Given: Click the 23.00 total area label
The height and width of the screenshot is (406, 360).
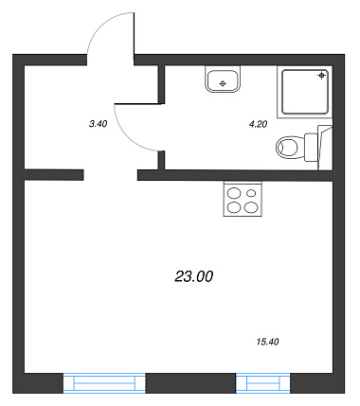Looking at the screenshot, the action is [194, 276].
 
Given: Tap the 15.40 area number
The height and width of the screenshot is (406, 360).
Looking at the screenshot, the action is [268, 342].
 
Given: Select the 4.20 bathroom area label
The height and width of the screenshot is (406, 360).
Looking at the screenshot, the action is [258, 124].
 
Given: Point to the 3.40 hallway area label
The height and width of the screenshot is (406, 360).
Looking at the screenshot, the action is [99, 124].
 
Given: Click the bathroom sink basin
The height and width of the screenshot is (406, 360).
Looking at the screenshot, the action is [223, 79].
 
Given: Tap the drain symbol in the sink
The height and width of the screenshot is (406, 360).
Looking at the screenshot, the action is [223, 83].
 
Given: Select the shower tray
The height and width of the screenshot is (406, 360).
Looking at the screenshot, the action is [305, 92].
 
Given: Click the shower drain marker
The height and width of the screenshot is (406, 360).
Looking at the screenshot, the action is [321, 76].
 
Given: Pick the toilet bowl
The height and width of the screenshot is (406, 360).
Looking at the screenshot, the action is [287, 147].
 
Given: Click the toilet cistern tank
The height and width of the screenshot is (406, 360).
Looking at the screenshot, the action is [311, 147].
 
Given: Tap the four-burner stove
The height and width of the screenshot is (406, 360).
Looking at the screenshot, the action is [243, 199].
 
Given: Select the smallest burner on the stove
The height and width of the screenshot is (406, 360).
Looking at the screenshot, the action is [251, 192].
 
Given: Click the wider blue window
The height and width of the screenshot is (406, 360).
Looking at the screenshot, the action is [104, 383].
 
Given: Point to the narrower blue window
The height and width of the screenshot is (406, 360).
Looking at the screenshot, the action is [263, 383].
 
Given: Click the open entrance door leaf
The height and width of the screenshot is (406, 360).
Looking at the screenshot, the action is [135, 39].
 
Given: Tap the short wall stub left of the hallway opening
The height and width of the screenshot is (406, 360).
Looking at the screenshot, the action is [54, 175].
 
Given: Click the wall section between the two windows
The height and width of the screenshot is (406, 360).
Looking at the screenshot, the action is [190, 383].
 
